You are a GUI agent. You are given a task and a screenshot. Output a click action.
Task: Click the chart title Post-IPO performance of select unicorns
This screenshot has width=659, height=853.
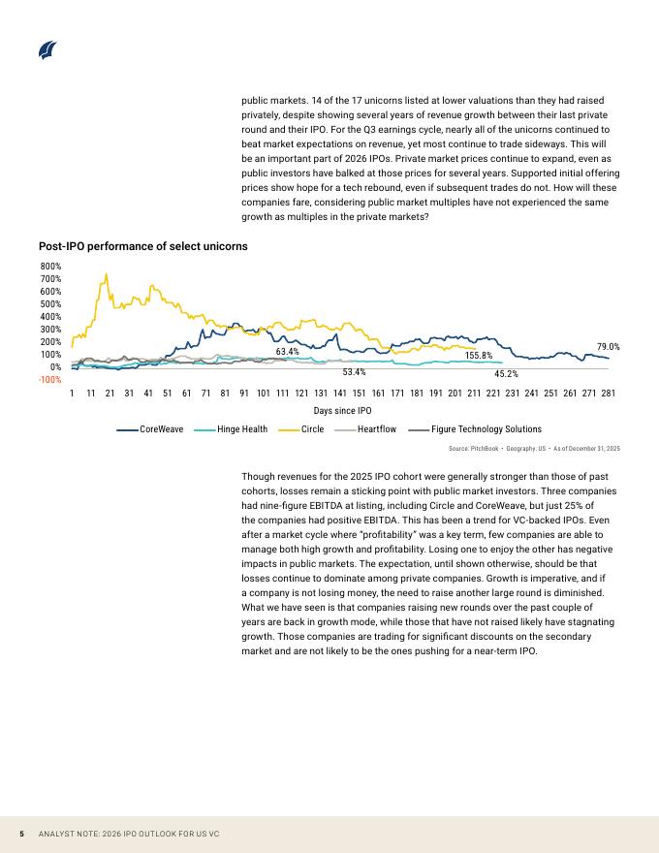[x=142, y=246]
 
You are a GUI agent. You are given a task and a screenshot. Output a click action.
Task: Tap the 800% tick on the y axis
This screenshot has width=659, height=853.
[x=50, y=266]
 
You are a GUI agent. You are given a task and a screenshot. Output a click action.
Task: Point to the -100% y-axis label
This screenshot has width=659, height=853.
[x=49, y=380]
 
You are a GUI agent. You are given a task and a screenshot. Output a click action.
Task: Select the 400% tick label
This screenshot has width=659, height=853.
[x=50, y=317]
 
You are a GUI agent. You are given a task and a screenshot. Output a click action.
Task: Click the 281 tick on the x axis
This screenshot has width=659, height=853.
[x=609, y=394]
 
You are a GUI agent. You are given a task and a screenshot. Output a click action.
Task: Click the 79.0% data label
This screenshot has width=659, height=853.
[x=609, y=346]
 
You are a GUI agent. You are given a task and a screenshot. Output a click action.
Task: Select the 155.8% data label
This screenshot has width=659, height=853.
[x=479, y=356]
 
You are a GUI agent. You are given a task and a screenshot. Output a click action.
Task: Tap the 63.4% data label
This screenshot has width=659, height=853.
[x=287, y=351]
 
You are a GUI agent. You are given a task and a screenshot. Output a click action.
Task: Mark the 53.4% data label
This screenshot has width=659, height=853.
[x=354, y=371]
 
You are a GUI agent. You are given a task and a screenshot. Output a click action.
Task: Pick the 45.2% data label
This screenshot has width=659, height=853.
[x=506, y=373]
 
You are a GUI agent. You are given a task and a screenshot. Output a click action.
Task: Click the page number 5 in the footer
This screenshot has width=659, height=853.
[x=21, y=834]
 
